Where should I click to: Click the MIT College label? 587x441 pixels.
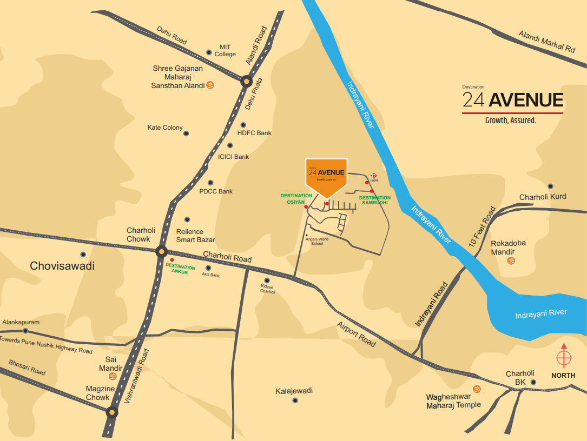[x=225, y=51]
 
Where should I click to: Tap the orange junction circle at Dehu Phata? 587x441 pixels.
[x=246, y=82]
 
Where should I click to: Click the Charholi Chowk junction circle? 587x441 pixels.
[x=161, y=251]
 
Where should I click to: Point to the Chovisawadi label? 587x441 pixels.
[x=62, y=266]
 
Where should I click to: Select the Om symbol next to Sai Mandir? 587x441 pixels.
[x=113, y=376]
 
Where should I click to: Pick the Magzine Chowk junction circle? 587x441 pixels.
[x=111, y=412]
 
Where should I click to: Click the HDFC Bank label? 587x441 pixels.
[x=254, y=133]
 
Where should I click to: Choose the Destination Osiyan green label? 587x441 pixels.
[x=296, y=198]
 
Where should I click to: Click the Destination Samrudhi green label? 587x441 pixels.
[x=375, y=200]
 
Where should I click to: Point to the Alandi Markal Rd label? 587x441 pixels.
[x=546, y=42]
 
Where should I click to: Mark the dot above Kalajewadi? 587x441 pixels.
[x=295, y=400]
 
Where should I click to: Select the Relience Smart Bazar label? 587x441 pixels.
[x=195, y=236]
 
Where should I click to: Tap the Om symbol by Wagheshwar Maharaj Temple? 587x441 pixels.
[x=477, y=389]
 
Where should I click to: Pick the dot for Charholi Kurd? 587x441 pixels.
[x=550, y=186]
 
